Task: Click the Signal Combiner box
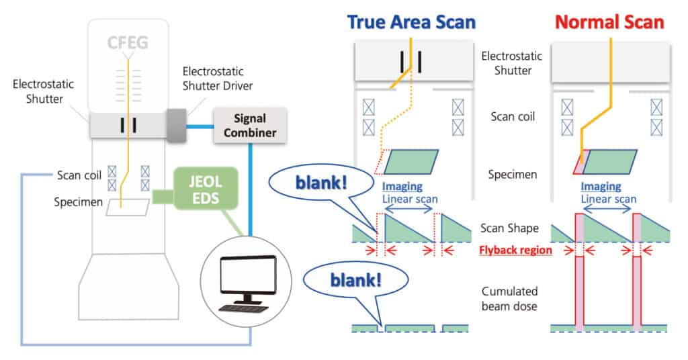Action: [250, 126]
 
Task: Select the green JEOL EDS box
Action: [206, 189]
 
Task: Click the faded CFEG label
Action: [128, 43]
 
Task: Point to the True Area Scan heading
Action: [411, 22]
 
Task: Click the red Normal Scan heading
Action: [609, 22]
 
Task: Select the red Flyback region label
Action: [515, 250]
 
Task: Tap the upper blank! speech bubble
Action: [320, 183]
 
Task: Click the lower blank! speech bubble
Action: [355, 280]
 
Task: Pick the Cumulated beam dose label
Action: [509, 299]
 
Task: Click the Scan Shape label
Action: [509, 228]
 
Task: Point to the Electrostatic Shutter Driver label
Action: [217, 79]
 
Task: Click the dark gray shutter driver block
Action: [176, 126]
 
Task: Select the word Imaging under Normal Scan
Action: [601, 186]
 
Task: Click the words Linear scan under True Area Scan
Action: [410, 199]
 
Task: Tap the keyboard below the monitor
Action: [244, 309]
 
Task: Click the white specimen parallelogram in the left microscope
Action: [128, 207]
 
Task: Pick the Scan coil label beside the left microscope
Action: [79, 175]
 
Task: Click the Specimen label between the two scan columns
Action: [513, 175]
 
